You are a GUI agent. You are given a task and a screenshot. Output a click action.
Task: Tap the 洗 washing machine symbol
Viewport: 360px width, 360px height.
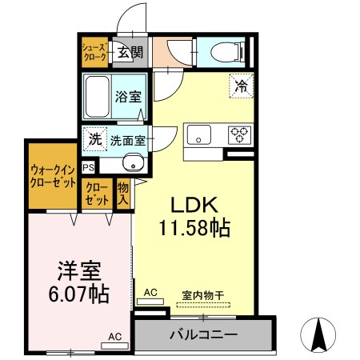94,138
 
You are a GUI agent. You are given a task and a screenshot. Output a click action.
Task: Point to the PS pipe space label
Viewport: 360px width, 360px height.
87,168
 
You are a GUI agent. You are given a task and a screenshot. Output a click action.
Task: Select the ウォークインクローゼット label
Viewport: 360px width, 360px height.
54,175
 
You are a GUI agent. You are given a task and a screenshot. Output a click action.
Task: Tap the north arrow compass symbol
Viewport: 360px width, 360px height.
318,333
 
